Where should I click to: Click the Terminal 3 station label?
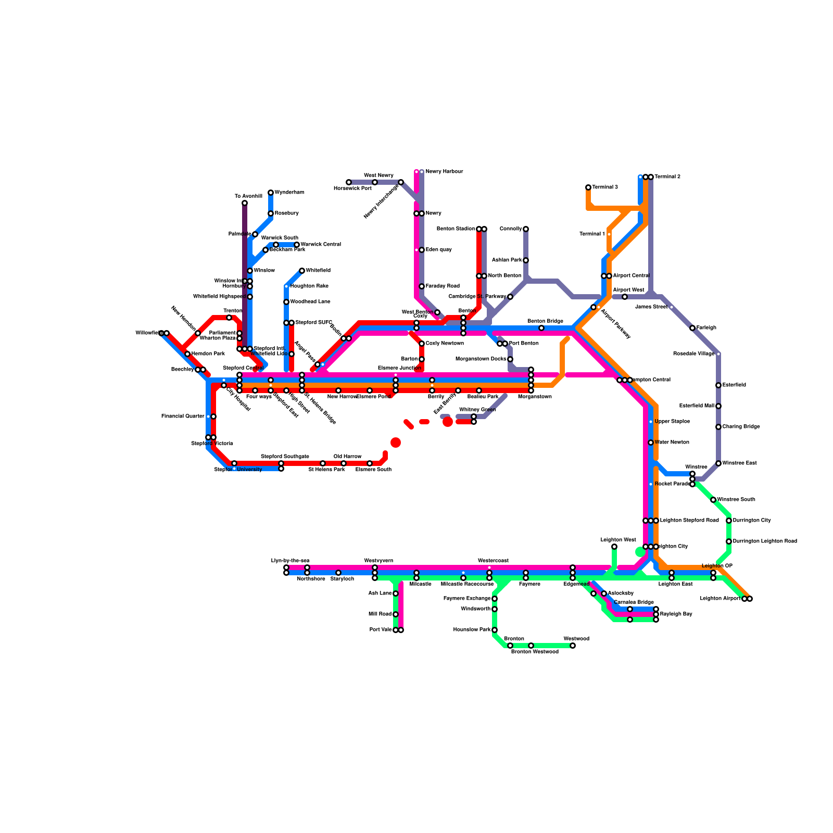pyautogui.click(x=605, y=187)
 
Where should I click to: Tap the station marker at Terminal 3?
pyautogui.click(x=588, y=187)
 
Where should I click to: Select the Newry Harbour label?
pyautogui.click(x=444, y=172)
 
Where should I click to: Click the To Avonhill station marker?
pyautogui.click(x=245, y=203)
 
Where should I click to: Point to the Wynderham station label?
pyautogui.click(x=289, y=193)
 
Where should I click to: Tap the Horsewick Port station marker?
pyautogui.click(x=349, y=182)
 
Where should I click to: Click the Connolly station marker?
pyautogui.click(x=526, y=229)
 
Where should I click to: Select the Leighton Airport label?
pyautogui.click(x=720, y=599)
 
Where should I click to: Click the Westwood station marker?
pyautogui.click(x=573, y=646)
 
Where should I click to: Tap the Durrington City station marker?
pyautogui.click(x=729, y=521)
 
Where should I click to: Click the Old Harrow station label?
pyautogui.click(x=347, y=457)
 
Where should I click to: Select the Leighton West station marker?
pyautogui.click(x=614, y=547)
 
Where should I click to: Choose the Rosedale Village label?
pyautogui.click(x=693, y=354)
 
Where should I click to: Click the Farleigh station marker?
pyautogui.click(x=692, y=328)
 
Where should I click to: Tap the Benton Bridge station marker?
pyautogui.click(x=541, y=328)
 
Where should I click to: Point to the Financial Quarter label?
pyautogui.click(x=183, y=416)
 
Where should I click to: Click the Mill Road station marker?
pyautogui.click(x=396, y=614)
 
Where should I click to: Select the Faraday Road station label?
pyautogui.click(x=443, y=286)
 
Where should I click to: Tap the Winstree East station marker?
pyautogui.click(x=718, y=463)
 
